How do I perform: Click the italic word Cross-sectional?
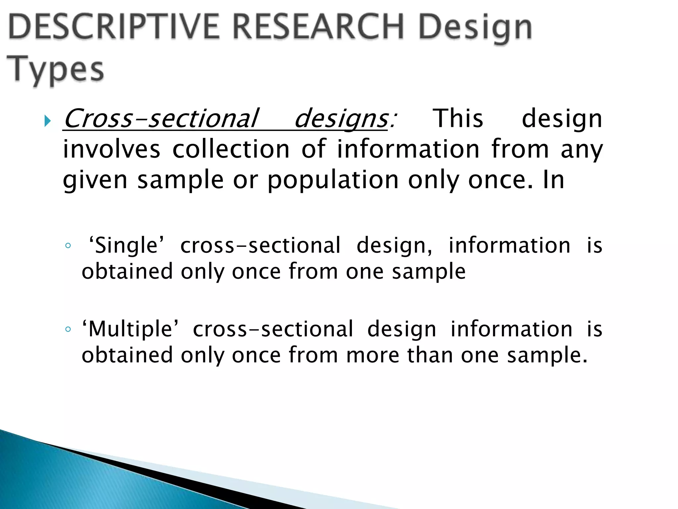[x=161, y=119]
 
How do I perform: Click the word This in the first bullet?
[x=458, y=119]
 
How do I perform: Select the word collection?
[x=231, y=149]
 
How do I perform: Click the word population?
[x=333, y=181]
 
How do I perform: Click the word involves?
[x=112, y=149]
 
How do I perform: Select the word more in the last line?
[x=373, y=355]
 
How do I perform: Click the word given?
[x=95, y=181]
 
